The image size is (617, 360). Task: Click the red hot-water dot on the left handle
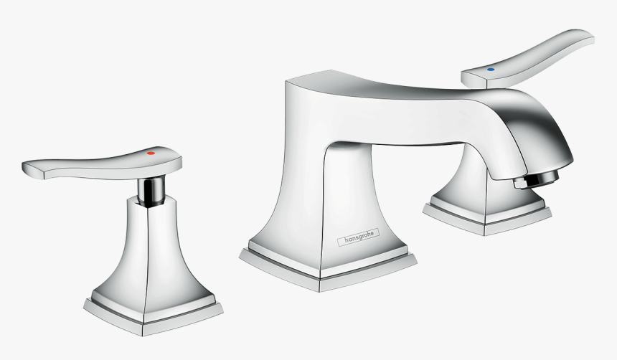click(151, 153)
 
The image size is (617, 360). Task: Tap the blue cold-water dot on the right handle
click(491, 70)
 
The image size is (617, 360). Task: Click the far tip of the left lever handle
click(29, 167)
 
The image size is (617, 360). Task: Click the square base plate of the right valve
click(488, 217)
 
